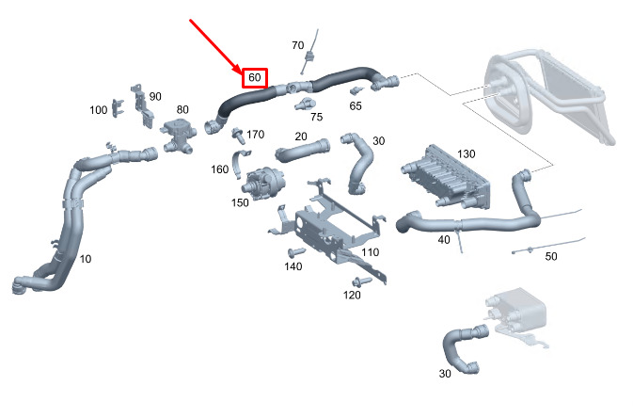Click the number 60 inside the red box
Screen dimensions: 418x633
point(255,77)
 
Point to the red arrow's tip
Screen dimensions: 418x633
point(242,72)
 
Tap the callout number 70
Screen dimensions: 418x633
point(297,45)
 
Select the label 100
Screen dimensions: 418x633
point(99,110)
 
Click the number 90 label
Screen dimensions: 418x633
point(155,96)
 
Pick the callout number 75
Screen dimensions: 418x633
point(316,117)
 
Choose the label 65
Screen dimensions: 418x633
point(356,106)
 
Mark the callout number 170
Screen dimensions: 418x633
point(256,135)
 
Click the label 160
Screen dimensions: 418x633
point(219,170)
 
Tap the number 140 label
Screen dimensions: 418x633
point(293,267)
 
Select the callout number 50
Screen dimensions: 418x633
point(551,256)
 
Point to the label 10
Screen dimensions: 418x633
point(86,259)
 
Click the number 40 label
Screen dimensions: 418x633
point(444,239)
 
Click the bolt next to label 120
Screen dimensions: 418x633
point(360,281)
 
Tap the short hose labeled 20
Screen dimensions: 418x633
point(303,149)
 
